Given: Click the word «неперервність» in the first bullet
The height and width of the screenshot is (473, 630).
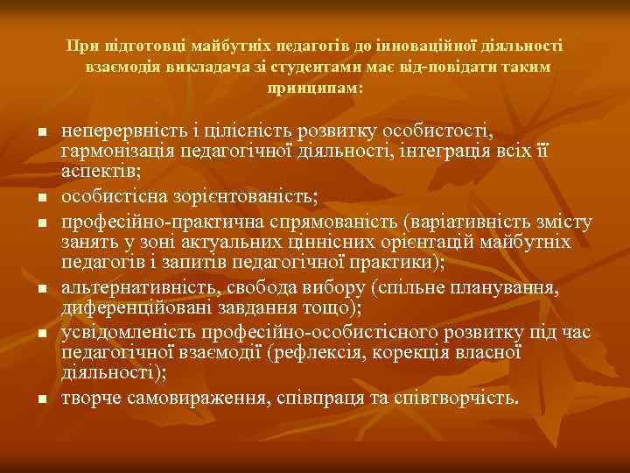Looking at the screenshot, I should click(x=115, y=131).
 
